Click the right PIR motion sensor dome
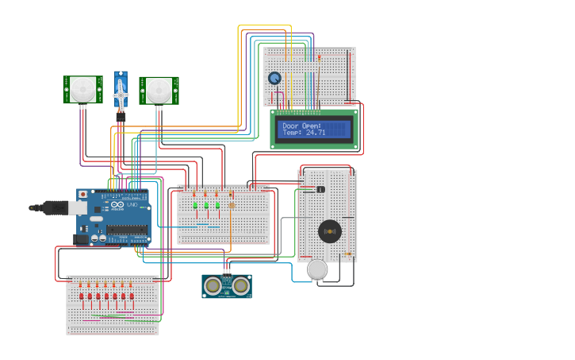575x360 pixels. coord(159,89)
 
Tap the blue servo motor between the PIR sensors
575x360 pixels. coord(121,92)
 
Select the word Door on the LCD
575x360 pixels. coord(291,126)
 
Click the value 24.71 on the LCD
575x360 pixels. coord(316,133)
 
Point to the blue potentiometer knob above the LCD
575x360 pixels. coord(274,78)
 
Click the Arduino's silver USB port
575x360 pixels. coord(78,207)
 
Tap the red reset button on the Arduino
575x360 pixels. coord(82,194)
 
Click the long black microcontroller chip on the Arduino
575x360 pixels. coord(127,230)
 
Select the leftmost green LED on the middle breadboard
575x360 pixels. coord(195,205)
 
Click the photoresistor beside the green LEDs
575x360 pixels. coord(232,205)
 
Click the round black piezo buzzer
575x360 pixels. coord(330,231)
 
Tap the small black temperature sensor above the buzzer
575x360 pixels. coord(320,189)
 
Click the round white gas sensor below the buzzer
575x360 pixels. coord(317,269)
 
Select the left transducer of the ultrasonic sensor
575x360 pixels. coord(213,285)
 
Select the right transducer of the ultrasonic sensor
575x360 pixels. coord(240,285)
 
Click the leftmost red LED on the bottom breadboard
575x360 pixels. coord(82,296)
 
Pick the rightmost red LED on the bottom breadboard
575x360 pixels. coord(132,296)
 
